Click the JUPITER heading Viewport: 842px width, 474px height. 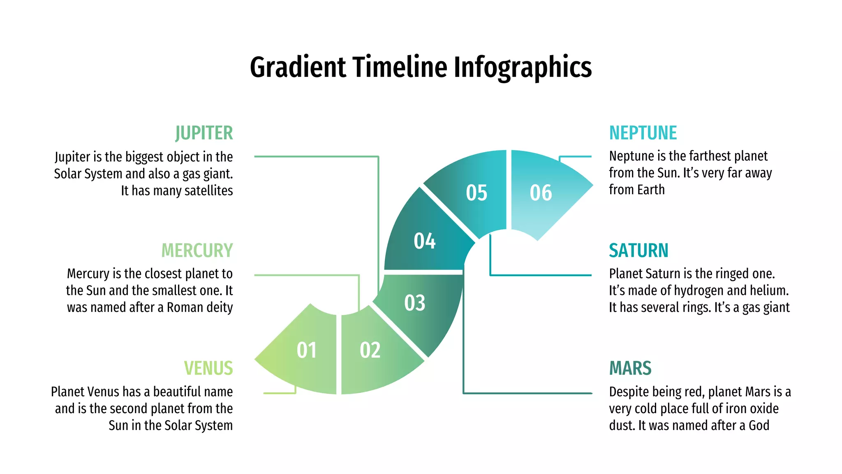tap(204, 133)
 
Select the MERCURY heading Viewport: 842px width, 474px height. tap(197, 251)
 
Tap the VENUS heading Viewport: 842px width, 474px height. tap(208, 368)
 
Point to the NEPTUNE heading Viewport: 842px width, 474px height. tap(643, 133)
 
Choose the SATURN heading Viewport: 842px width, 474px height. tap(638, 251)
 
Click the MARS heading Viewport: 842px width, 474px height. tap(630, 368)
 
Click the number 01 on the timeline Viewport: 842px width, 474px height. tap(307, 351)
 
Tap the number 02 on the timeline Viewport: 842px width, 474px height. tap(370, 351)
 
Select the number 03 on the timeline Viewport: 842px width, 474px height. tap(414, 303)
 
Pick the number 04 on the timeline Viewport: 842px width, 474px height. tap(424, 241)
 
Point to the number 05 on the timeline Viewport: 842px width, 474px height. tap(477, 193)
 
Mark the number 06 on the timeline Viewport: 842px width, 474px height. tap(541, 193)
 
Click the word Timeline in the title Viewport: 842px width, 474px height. tap(400, 67)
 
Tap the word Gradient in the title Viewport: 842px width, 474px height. tap(298, 67)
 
